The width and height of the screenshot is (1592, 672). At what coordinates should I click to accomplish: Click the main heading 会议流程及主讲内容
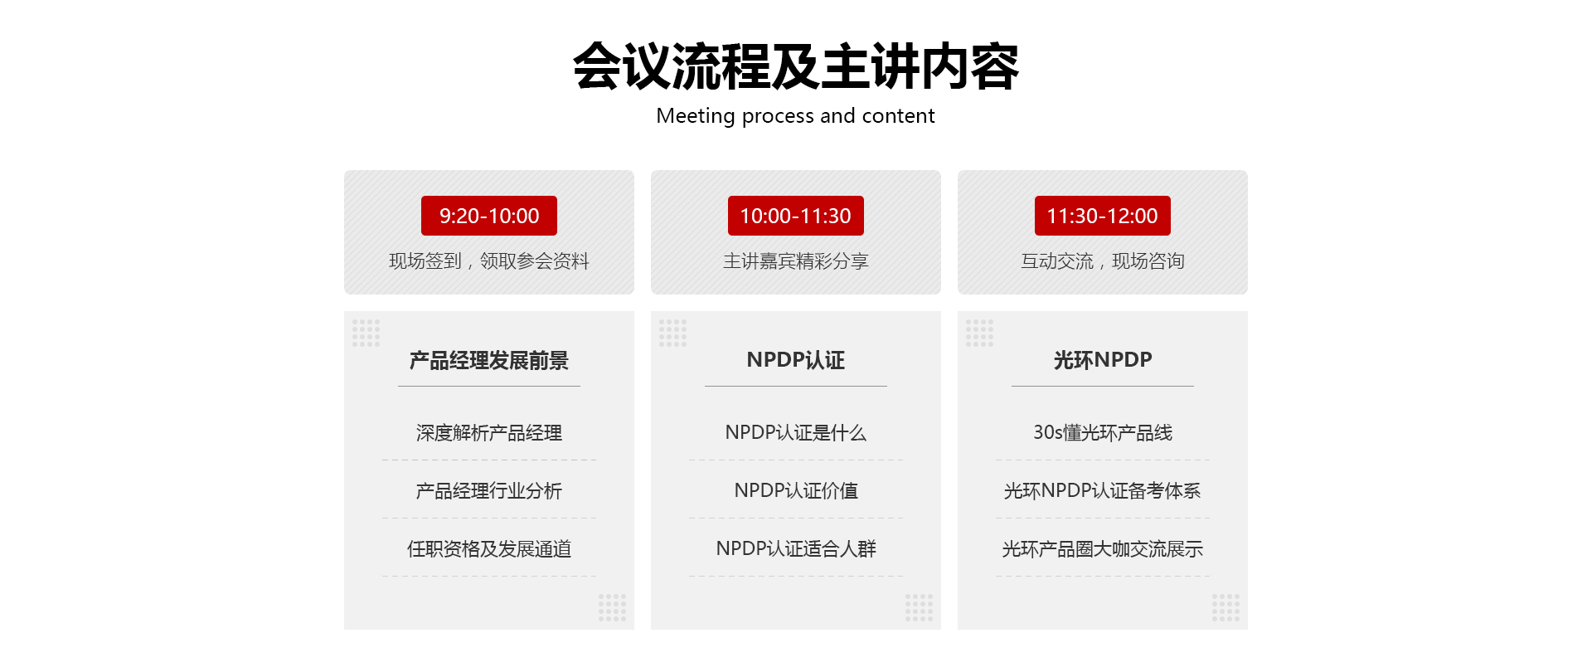tap(796, 66)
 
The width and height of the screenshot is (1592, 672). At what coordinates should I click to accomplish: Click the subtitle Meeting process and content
tap(795, 116)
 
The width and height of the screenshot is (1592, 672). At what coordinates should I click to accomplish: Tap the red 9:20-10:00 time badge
tap(489, 216)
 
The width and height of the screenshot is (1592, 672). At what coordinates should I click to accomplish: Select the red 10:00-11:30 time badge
tap(796, 216)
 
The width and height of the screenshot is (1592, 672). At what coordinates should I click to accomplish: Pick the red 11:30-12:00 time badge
tap(1103, 216)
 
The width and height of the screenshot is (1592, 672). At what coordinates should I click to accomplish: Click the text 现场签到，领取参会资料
tap(489, 261)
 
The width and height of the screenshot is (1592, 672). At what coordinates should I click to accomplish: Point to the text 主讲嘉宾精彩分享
tap(796, 261)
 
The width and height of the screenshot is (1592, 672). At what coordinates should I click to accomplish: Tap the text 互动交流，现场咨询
tap(1103, 261)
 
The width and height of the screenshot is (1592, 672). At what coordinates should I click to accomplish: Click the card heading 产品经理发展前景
tap(489, 360)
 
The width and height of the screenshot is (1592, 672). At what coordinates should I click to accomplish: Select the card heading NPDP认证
tap(796, 360)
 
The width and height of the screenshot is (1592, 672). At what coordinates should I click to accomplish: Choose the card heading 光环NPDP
tap(1103, 360)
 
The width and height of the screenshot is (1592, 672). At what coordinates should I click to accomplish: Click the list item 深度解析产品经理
tap(489, 433)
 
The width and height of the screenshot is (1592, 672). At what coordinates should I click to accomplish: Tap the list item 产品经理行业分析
tap(489, 491)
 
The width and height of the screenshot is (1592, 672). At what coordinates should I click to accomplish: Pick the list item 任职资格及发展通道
tap(489, 549)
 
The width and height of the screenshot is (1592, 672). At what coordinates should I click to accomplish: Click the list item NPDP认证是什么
tap(796, 433)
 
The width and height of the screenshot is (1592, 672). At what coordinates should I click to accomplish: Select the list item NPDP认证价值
tap(796, 491)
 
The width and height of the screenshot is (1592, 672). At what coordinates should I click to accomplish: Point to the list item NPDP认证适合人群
tap(796, 549)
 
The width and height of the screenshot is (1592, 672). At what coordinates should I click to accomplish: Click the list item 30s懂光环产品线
tap(1103, 433)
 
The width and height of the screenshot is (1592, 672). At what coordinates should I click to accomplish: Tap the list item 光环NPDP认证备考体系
tap(1103, 491)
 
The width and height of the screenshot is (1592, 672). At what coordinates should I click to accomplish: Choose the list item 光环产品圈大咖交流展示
tap(1103, 549)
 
